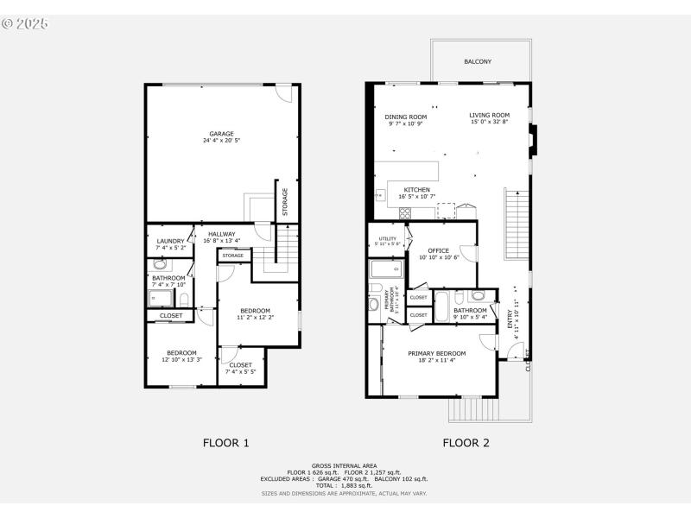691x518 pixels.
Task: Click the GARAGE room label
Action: (221, 134)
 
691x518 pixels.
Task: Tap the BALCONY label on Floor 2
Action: (478, 62)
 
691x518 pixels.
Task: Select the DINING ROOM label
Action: (406, 117)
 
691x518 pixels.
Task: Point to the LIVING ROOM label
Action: (490, 115)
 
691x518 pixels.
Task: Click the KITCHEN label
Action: (416, 190)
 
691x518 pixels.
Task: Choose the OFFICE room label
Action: (439, 250)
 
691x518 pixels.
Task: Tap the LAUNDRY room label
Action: (170, 241)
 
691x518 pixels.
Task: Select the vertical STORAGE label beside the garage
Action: (284, 202)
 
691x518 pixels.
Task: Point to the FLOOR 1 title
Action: (226, 443)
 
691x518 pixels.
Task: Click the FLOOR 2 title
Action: (466, 443)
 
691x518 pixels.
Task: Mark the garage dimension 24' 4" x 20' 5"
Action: (221, 141)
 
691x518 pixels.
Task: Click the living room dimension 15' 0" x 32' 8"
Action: (490, 122)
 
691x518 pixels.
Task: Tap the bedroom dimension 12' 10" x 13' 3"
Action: (181, 359)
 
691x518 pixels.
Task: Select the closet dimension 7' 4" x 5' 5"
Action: (241, 371)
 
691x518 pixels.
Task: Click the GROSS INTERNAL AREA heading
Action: (345, 465)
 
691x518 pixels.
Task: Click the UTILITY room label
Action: (388, 238)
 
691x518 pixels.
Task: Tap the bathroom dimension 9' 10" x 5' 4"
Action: (470, 317)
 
